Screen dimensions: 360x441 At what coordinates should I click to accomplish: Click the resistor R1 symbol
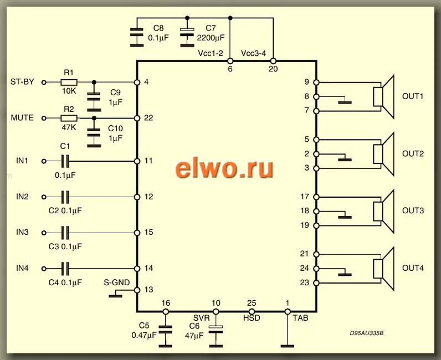click(x=68, y=82)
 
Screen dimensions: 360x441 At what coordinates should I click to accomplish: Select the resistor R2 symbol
click(x=68, y=118)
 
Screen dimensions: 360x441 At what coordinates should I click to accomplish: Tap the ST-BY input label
click(x=22, y=82)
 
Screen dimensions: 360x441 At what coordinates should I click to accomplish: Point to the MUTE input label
click(x=22, y=118)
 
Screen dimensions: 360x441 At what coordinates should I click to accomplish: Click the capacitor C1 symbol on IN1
click(x=66, y=161)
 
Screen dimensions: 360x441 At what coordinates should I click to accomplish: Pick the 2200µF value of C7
click(x=210, y=38)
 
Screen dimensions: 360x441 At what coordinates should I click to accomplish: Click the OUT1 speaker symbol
click(x=382, y=96)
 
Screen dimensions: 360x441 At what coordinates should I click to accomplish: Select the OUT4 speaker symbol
click(x=382, y=268)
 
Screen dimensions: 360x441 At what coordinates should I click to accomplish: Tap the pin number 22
click(x=148, y=118)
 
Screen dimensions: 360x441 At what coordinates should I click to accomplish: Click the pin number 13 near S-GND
click(x=148, y=290)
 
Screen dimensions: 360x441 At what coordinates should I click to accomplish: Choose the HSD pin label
click(x=252, y=318)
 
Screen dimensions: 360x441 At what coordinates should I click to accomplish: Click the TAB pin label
click(x=300, y=318)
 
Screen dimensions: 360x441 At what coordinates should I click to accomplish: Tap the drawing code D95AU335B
click(x=367, y=335)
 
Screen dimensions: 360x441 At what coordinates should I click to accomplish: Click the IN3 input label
click(x=22, y=232)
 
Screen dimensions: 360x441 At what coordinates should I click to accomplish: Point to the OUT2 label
click(x=413, y=153)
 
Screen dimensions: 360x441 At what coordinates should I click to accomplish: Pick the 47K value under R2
click(x=68, y=127)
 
